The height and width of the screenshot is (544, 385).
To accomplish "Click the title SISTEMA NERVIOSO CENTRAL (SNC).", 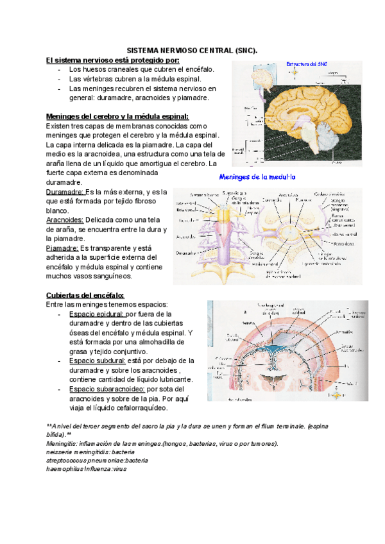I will tap(193, 49).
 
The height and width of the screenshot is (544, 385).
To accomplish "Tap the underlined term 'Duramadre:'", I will tap(65, 192).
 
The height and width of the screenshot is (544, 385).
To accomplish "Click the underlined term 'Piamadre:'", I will tap(62, 248).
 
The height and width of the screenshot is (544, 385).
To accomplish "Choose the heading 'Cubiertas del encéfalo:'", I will tap(85, 294).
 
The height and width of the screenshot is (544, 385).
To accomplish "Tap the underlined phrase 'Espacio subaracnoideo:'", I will tap(107, 389).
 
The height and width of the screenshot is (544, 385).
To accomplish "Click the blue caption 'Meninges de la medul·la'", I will tap(257, 176).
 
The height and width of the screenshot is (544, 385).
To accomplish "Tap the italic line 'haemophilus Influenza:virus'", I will tap(87, 469).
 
